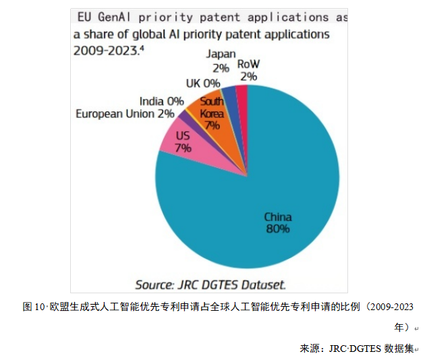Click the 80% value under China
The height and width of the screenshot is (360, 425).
tap(278, 229)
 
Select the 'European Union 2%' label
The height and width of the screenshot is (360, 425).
tap(125, 114)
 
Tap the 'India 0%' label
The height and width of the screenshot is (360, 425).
tap(162, 101)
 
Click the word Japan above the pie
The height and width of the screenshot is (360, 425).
tap(221, 55)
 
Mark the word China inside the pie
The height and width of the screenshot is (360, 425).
tap(278, 217)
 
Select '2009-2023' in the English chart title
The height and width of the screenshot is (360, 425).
tap(105, 49)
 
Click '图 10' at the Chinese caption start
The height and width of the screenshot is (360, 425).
tap(33, 306)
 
